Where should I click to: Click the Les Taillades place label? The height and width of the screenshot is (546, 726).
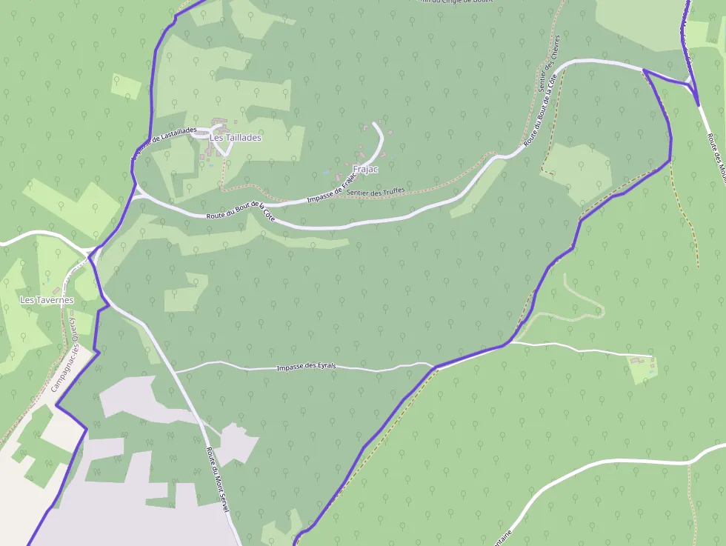pos(236,138)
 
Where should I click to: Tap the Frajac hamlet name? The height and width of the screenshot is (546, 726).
pos(366,170)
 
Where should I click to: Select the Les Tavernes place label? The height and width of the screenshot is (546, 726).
pos(47,300)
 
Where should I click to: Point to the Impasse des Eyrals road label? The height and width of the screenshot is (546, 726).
pos(306,367)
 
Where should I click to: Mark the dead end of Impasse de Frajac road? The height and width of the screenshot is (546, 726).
pos(374,124)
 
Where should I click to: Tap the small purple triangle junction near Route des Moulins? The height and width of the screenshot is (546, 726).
pos(689,82)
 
